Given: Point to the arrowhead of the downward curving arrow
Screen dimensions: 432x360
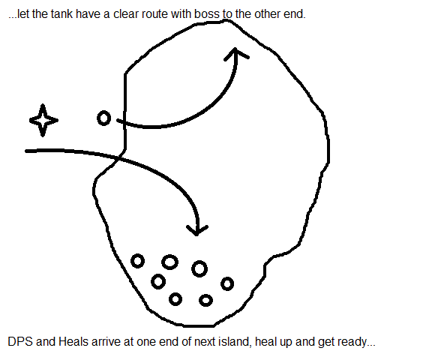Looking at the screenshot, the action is (x=196, y=233).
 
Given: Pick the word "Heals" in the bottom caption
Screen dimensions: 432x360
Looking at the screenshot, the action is (x=73, y=341).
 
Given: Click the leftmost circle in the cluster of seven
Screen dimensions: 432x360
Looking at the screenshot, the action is (x=137, y=261).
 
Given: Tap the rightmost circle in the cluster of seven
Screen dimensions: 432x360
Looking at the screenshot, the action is (x=227, y=283).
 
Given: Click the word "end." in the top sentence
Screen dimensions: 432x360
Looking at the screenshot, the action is (x=295, y=13).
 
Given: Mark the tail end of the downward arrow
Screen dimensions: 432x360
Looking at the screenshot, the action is (x=26, y=151).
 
